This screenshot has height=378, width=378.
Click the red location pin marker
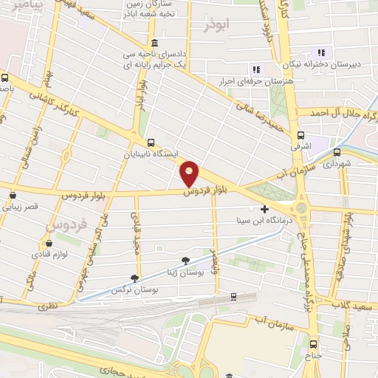190,173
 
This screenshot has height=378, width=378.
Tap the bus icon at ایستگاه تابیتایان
151,142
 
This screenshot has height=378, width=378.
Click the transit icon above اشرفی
300,135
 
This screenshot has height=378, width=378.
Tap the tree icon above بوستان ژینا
185,260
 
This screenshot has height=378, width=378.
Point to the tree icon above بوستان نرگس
134,278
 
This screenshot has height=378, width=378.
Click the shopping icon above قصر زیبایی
13,196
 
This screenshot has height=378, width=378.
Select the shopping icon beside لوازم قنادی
49,242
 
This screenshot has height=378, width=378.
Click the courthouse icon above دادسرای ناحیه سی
154,43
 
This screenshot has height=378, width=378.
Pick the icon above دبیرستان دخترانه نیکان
321,52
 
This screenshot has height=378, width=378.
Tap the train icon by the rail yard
233,297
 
